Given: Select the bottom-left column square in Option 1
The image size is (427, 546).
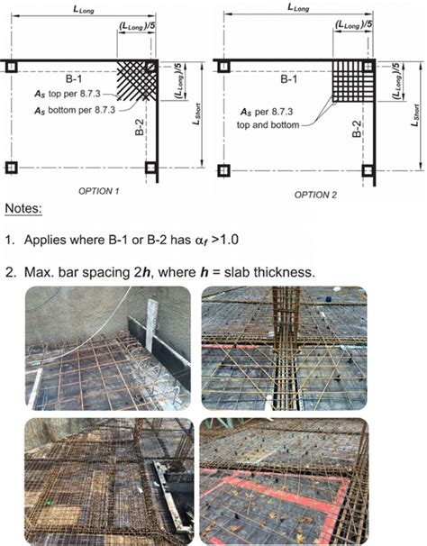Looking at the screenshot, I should click(x=11, y=168).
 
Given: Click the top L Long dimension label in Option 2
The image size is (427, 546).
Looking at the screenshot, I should click(x=300, y=7).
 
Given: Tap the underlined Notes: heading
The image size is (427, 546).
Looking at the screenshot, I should click(x=28, y=209).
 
